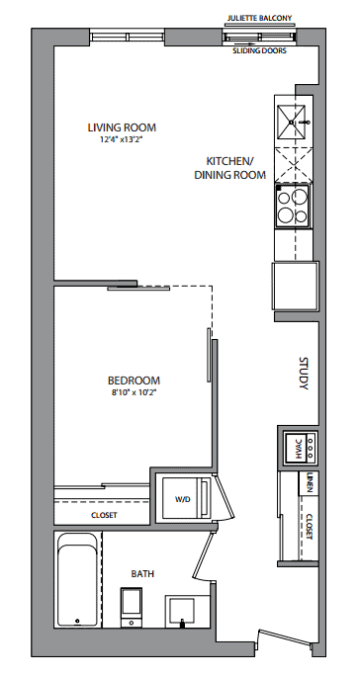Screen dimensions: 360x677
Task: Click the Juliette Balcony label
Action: coord(260,18)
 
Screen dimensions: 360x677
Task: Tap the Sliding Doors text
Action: coord(259,51)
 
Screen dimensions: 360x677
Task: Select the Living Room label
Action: coord(122,127)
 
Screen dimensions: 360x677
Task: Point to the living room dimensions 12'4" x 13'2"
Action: coord(122,139)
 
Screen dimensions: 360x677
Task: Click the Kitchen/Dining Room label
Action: coord(229,168)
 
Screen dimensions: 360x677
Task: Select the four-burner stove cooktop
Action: coord(292,206)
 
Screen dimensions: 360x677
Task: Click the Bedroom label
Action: coord(134,381)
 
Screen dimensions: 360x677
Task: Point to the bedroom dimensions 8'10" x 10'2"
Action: coord(134,392)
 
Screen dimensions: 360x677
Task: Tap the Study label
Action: coord(304,374)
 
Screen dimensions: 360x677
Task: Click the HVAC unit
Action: coord(301,448)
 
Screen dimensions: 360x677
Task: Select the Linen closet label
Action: coord(310,483)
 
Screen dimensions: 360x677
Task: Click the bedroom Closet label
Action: coord(104,516)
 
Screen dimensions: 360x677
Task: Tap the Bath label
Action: coord(142,574)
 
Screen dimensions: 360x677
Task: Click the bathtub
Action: coord(77,580)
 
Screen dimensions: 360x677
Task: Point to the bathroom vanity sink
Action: coord(182,611)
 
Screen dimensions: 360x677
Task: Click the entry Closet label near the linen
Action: coord(310,527)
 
